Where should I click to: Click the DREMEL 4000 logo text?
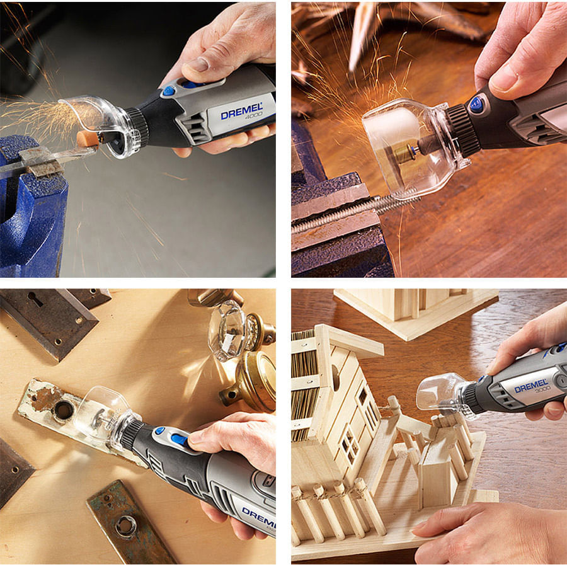click(x=242, y=112)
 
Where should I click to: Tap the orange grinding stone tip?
click(x=88, y=139)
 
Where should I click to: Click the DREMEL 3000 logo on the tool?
click(x=531, y=387)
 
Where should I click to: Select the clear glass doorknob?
click(x=227, y=330)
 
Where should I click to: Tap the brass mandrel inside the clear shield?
click(x=405, y=153)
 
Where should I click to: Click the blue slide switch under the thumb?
click(x=180, y=439)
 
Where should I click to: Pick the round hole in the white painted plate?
click(x=64, y=410)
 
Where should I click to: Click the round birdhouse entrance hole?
click(x=335, y=377)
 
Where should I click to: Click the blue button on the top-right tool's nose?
click(x=477, y=104)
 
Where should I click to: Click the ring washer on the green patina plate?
click(x=126, y=526)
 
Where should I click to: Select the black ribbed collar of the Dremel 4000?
click(x=138, y=127)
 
